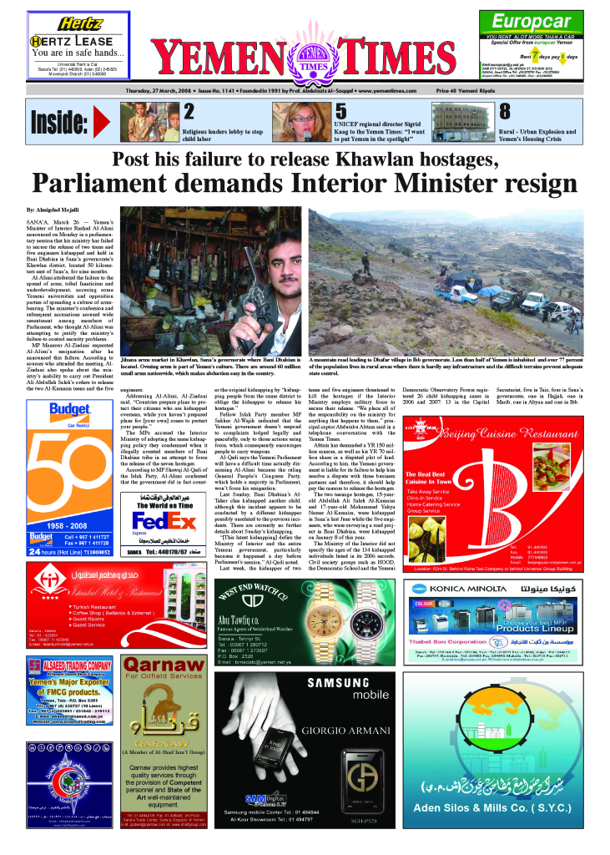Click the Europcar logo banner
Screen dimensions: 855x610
[533, 23]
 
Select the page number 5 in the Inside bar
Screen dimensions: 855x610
[340, 111]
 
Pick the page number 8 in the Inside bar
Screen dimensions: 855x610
[505, 111]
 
